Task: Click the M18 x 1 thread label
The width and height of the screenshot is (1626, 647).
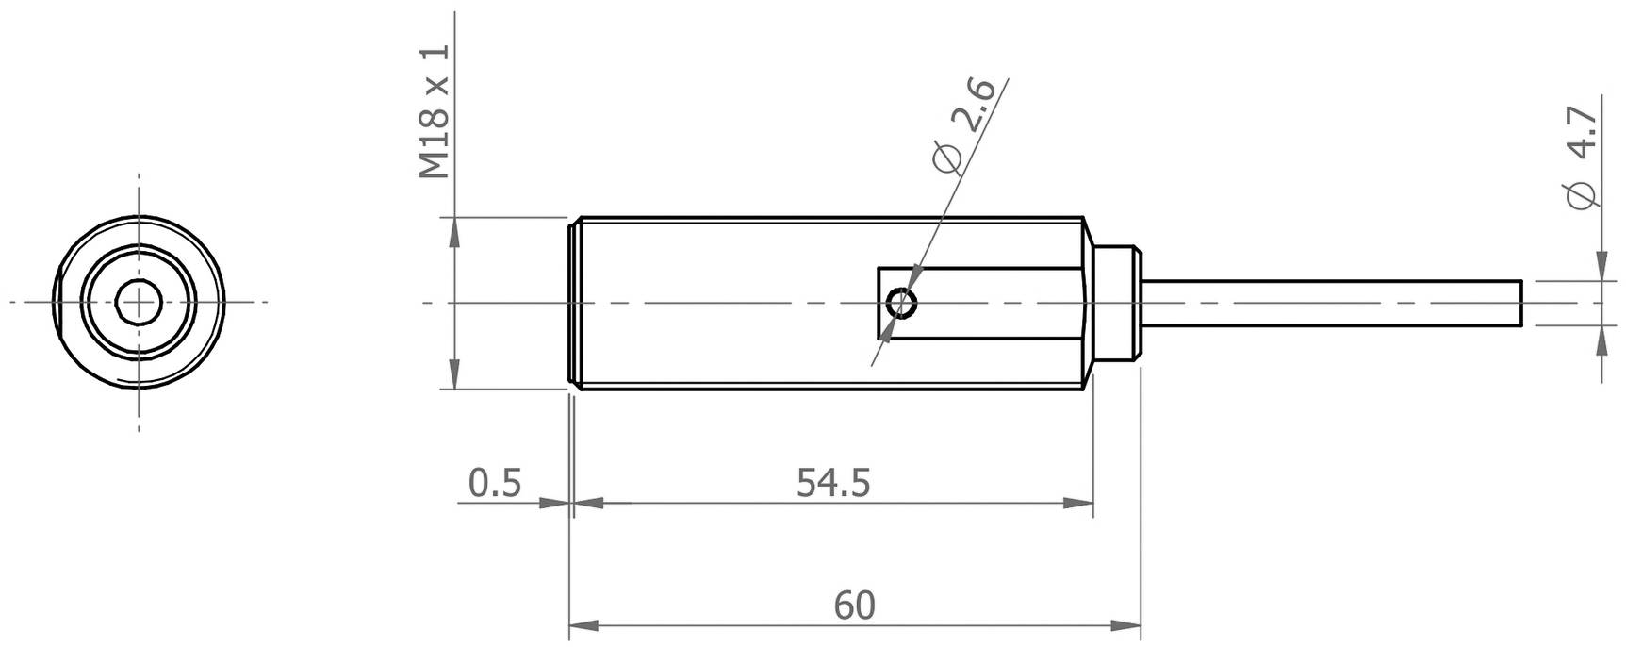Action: coord(435,111)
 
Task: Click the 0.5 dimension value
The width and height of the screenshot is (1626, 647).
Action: coord(495,483)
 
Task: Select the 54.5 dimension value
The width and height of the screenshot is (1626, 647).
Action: coord(833,483)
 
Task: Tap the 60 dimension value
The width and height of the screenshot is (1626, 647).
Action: coord(855,606)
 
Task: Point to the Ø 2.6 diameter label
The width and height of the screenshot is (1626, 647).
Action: coord(962,125)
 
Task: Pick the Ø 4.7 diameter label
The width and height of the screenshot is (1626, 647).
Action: coord(1581,158)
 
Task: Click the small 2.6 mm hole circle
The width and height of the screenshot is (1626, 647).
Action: coord(902,304)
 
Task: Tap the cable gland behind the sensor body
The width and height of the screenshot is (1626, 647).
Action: coord(1118,304)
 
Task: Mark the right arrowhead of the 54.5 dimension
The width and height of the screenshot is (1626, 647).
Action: coord(1079,504)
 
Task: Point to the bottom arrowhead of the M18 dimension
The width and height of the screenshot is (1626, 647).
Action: coord(454,374)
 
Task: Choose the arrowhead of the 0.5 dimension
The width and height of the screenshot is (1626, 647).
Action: coord(555,504)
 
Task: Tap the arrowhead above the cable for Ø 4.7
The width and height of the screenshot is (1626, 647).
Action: coord(1601,267)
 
